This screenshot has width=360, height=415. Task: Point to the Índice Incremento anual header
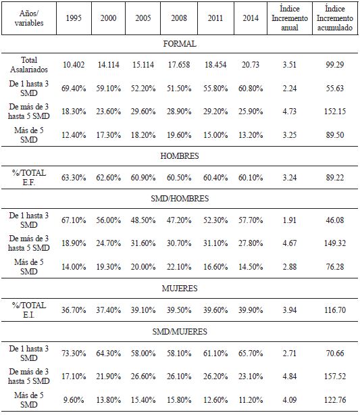(x=288, y=18)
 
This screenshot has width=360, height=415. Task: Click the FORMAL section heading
(x=180, y=43)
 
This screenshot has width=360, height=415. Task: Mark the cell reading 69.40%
(x=74, y=87)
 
